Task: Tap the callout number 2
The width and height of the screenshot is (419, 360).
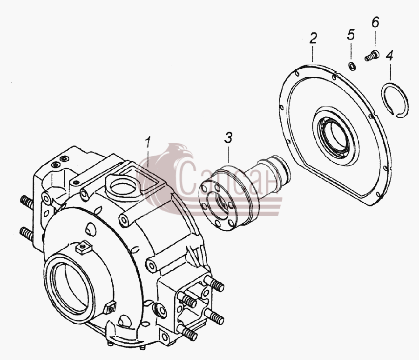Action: (313, 38)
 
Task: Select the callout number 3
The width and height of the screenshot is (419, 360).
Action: (228, 137)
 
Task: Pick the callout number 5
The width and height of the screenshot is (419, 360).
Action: (351, 35)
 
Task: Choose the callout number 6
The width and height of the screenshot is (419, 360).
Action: (375, 22)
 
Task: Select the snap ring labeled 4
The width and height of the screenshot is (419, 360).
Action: (394, 100)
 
